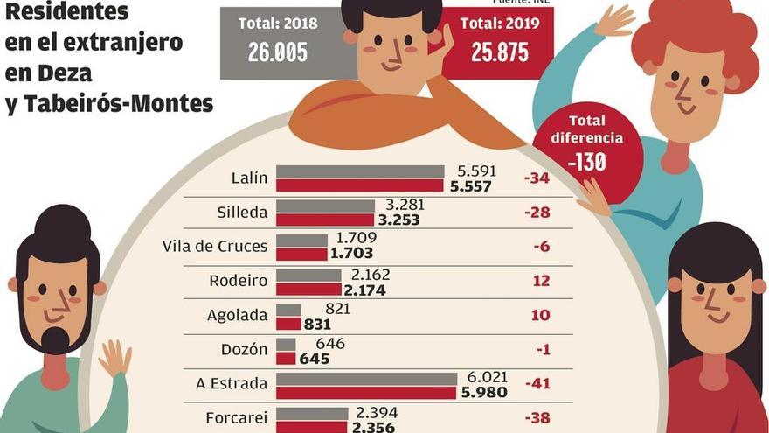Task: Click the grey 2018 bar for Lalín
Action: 360,171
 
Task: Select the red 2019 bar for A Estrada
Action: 365,393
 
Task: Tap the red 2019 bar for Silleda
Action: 324,220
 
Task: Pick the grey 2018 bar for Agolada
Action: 288,309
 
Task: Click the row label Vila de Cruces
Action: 215,246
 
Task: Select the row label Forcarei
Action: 236,417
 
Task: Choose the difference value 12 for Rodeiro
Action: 542,281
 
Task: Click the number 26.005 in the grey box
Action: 277,52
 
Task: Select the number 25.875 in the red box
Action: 499,52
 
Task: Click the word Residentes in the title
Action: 66,12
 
